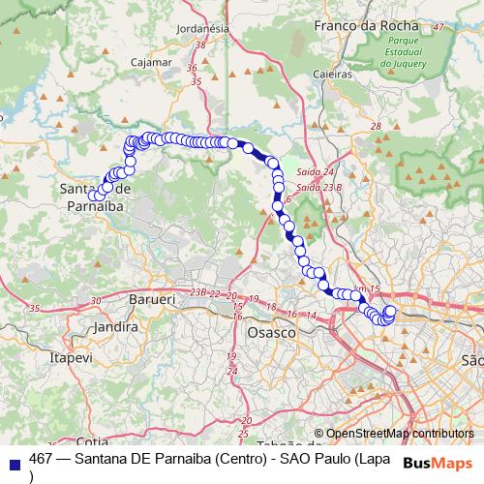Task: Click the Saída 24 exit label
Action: point(316,171)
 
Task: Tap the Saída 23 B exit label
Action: point(319,186)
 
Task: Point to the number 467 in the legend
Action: point(42,459)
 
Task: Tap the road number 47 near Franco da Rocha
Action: point(438,26)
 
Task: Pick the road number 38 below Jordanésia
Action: point(200,45)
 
